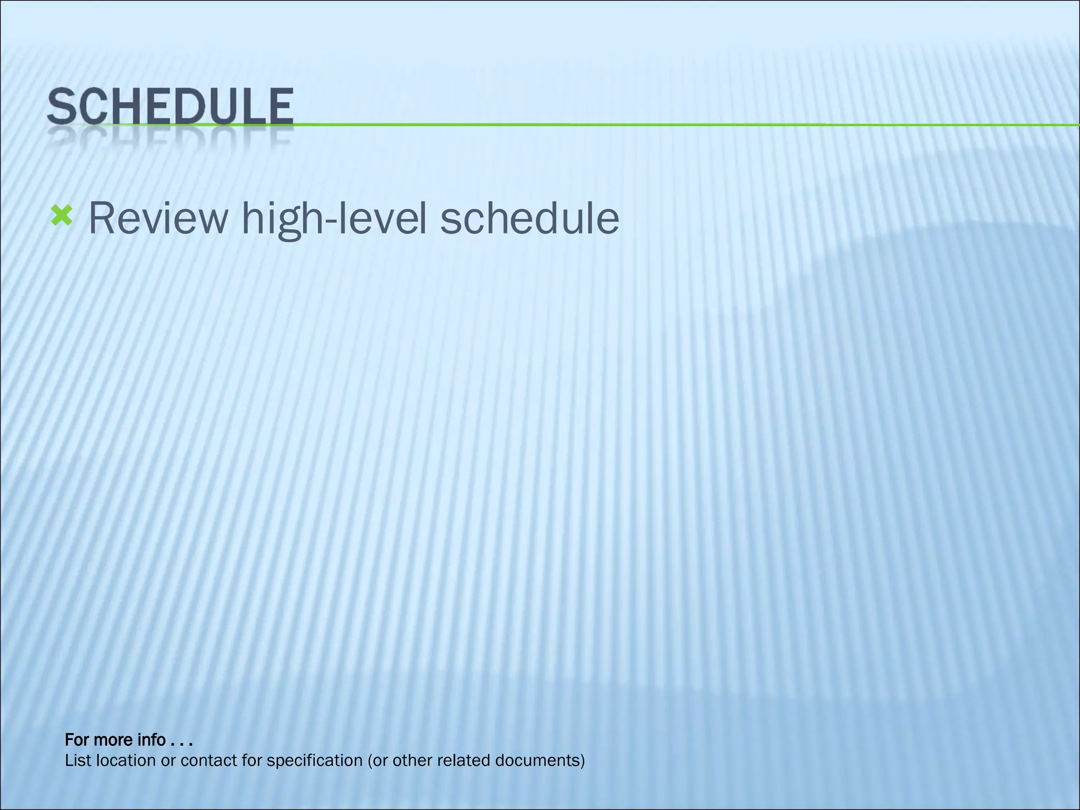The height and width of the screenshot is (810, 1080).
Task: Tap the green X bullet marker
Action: click(x=61, y=217)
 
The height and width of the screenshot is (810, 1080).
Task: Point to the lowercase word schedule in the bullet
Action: click(x=529, y=218)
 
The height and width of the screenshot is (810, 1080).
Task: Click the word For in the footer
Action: click(x=76, y=740)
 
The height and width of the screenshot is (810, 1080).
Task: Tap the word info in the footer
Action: click(x=151, y=740)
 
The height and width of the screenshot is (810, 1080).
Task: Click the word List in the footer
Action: click(x=76, y=761)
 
